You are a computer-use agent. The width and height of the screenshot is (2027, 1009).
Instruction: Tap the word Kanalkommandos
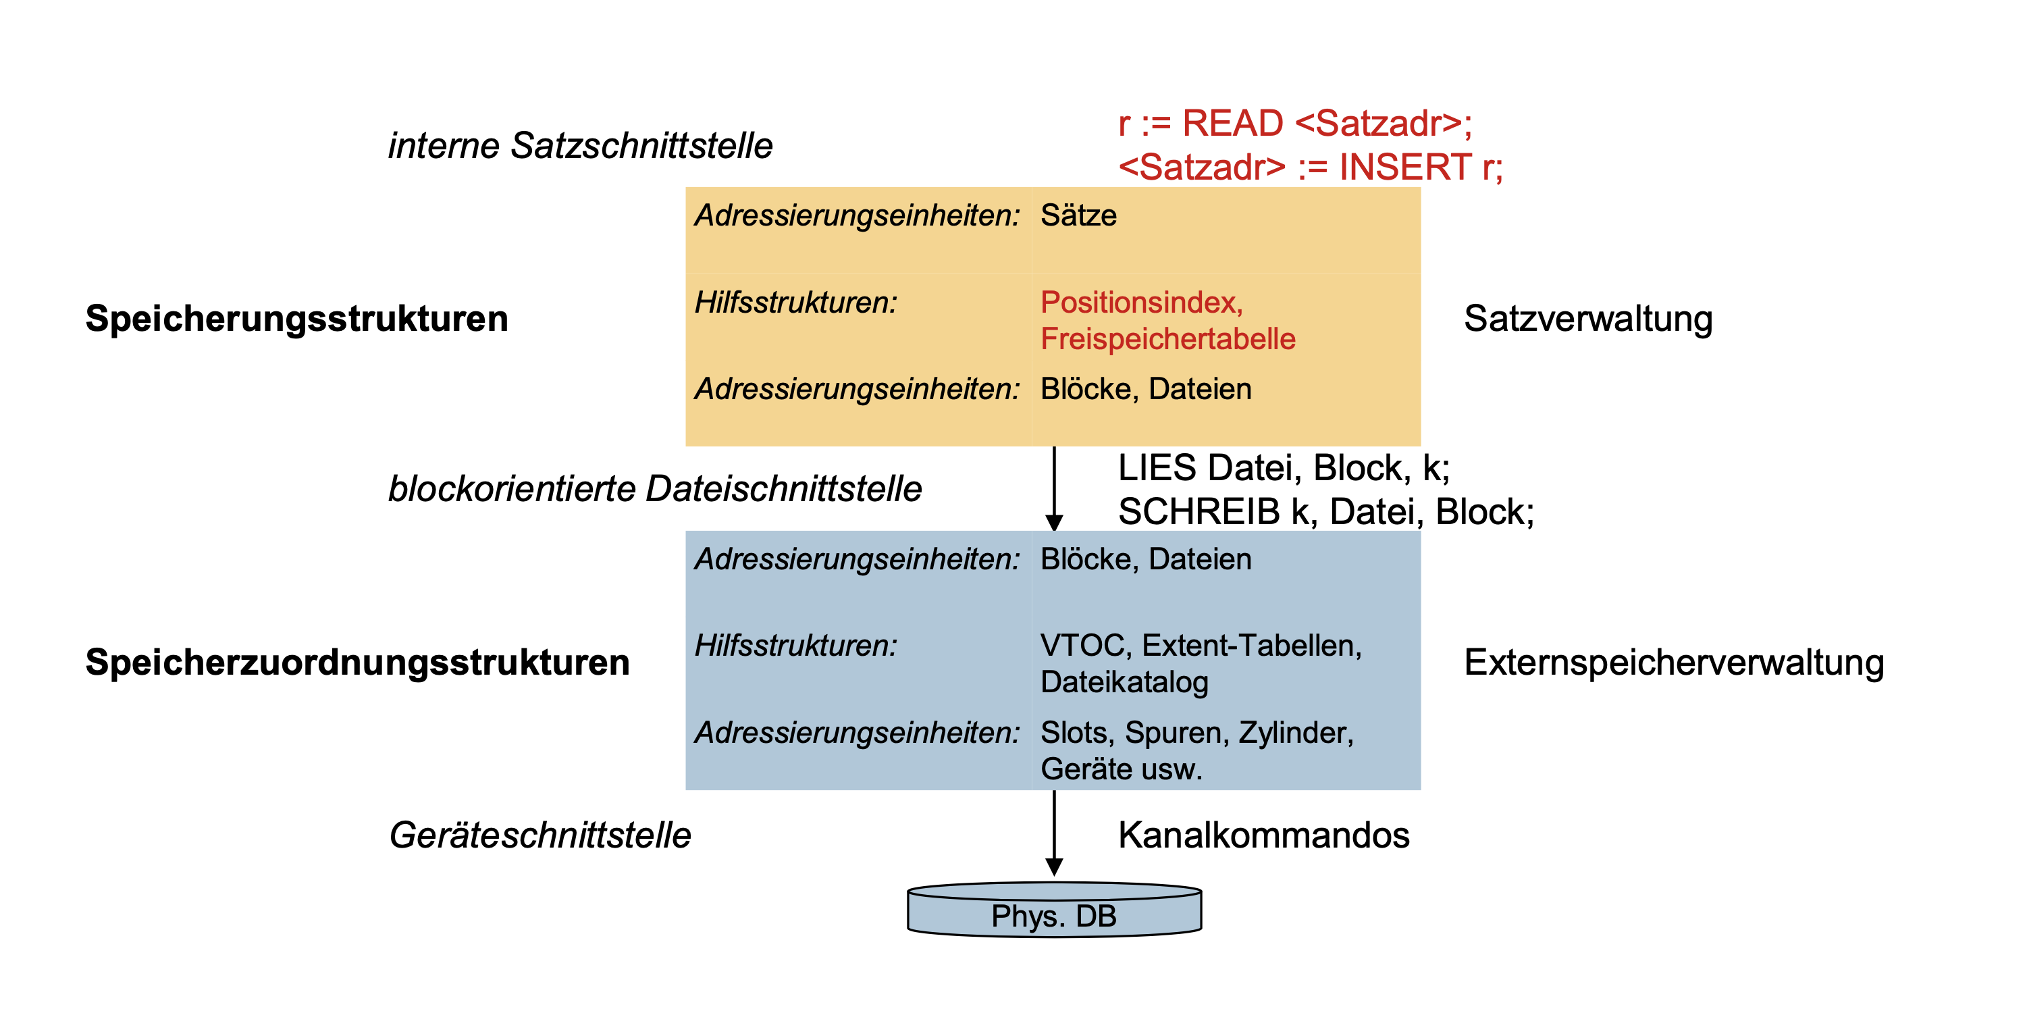click(1264, 835)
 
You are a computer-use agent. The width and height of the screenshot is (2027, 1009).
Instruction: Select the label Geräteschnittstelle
click(539, 835)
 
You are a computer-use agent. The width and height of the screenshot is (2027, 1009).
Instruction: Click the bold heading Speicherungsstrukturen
click(296, 319)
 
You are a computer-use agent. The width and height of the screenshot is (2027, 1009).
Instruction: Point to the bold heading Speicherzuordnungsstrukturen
click(357, 662)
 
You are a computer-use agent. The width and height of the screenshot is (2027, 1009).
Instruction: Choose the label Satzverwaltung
click(1588, 319)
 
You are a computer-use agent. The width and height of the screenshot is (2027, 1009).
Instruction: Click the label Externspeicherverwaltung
click(1674, 662)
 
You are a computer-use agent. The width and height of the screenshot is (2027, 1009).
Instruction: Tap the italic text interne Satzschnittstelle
click(581, 146)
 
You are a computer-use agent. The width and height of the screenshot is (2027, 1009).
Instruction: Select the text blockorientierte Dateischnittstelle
click(655, 489)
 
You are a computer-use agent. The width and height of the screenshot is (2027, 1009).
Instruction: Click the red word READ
click(1233, 124)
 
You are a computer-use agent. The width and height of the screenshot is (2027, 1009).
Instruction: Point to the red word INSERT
click(1404, 167)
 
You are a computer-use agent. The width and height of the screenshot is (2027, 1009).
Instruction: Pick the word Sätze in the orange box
click(1078, 215)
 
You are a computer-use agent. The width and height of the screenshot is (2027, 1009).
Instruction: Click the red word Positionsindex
click(1141, 303)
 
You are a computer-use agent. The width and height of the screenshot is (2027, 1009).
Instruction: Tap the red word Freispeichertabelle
click(1167, 338)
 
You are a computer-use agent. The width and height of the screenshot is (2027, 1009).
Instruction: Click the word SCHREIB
click(1199, 511)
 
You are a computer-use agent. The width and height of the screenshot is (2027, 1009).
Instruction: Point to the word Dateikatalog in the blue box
click(1124, 681)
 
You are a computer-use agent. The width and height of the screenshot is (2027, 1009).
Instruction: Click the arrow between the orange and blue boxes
click(1055, 489)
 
